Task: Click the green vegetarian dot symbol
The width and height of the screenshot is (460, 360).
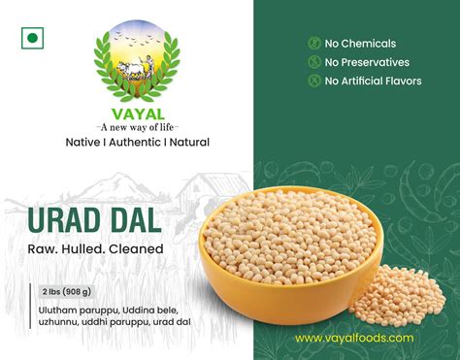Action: [x=32, y=39]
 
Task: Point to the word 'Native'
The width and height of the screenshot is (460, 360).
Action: [x=84, y=143]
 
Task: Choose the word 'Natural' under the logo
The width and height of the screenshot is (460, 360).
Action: [x=187, y=143]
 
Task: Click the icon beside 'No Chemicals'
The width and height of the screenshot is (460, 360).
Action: [x=313, y=44]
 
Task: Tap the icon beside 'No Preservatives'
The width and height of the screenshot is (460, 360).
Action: [x=313, y=62]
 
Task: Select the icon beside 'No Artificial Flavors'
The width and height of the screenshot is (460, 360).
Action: [x=313, y=81]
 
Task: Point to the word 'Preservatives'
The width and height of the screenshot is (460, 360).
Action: [x=379, y=62]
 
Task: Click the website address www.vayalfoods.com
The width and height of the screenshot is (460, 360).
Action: [x=354, y=338]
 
